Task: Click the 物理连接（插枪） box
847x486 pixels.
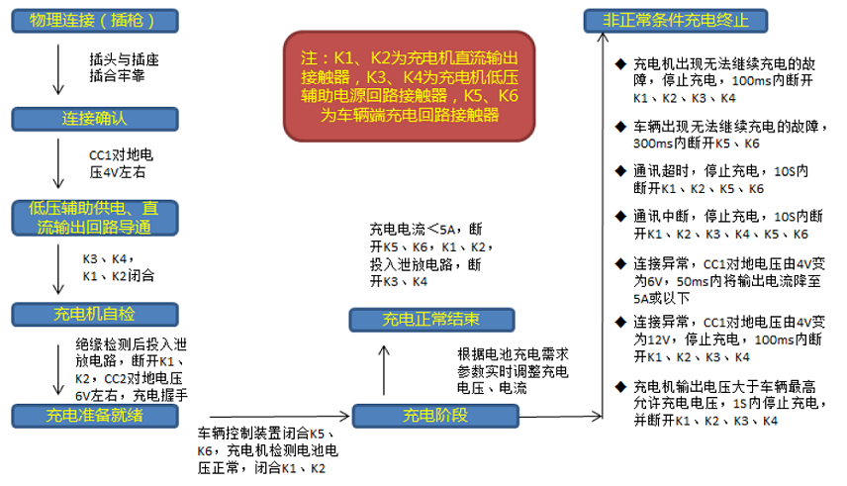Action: coord(95,21)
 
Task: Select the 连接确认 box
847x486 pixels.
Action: coord(95,119)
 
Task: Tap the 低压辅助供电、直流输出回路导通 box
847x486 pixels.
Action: coord(95,218)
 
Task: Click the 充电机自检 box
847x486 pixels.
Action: coord(95,315)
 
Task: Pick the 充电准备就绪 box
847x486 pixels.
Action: coord(95,416)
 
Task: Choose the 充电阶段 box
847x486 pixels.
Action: coord(435,416)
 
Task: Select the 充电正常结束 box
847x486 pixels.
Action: coord(431,320)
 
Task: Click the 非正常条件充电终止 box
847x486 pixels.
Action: coord(676,21)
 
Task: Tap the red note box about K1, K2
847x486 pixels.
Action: coord(409,86)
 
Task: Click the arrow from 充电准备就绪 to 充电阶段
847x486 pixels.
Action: coord(280,417)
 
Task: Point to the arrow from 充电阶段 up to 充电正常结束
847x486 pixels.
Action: coord(384,370)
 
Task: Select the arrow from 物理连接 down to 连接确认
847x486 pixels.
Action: coord(58,69)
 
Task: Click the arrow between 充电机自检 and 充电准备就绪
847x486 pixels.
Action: coord(58,370)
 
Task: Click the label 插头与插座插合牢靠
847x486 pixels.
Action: coord(125,67)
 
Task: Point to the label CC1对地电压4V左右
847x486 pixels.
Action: coord(121,163)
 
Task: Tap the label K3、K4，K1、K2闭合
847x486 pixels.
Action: coord(119,267)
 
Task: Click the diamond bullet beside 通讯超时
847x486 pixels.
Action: coord(620,171)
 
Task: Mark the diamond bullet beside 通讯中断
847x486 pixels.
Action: coord(620,217)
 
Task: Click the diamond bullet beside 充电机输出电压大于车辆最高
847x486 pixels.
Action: coord(620,387)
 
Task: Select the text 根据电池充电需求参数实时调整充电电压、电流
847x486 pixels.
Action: coord(513,371)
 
